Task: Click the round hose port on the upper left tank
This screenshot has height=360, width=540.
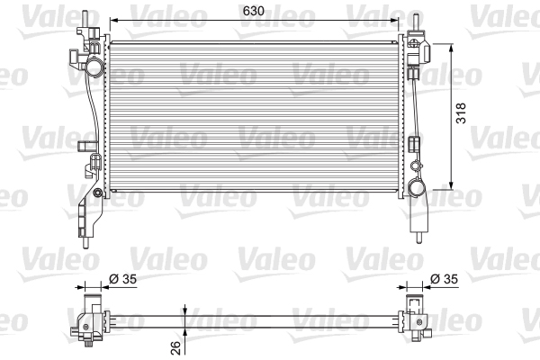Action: (x=94, y=67)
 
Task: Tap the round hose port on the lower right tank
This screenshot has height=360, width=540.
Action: (x=417, y=188)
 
